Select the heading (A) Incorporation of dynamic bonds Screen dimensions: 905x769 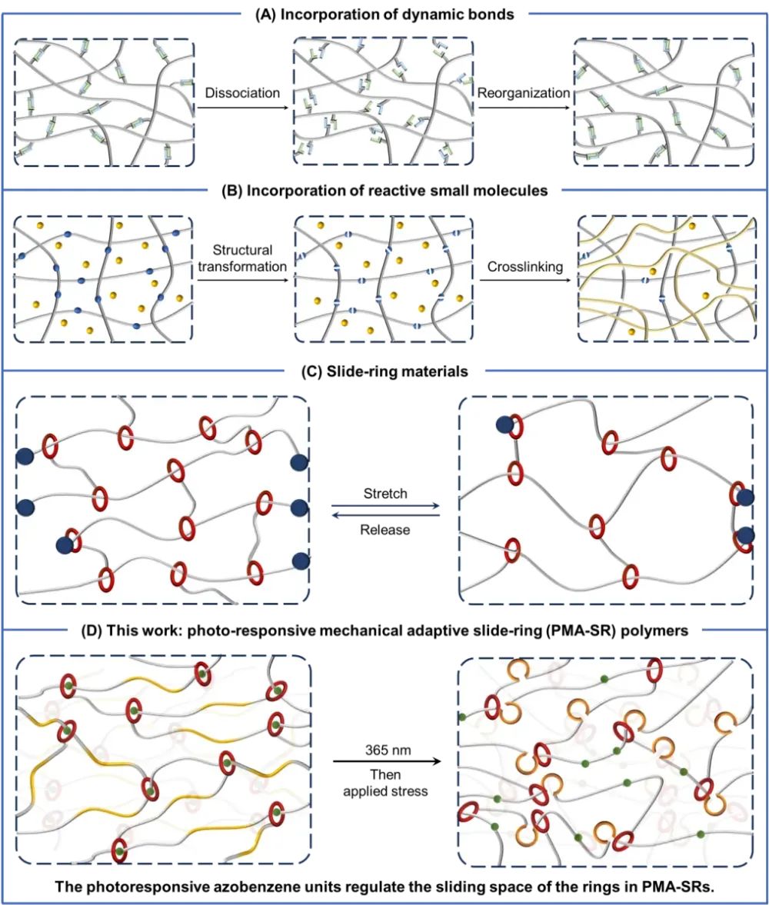pyautogui.click(x=384, y=12)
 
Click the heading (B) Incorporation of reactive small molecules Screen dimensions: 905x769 pyautogui.click(x=384, y=191)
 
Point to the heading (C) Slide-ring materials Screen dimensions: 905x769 pyautogui.click(x=384, y=374)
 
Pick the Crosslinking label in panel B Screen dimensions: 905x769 pyautogui.click(x=524, y=265)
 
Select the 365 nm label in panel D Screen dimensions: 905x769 pyautogui.click(x=384, y=748)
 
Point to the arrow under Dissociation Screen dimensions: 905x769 pyautogui.click(x=242, y=108)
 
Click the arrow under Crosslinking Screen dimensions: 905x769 pyautogui.click(x=524, y=281)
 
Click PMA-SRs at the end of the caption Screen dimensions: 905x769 pyautogui.click(x=680, y=884)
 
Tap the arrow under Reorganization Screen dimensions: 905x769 pyautogui.click(x=524, y=108)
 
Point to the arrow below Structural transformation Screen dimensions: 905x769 pyautogui.click(x=242, y=281)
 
